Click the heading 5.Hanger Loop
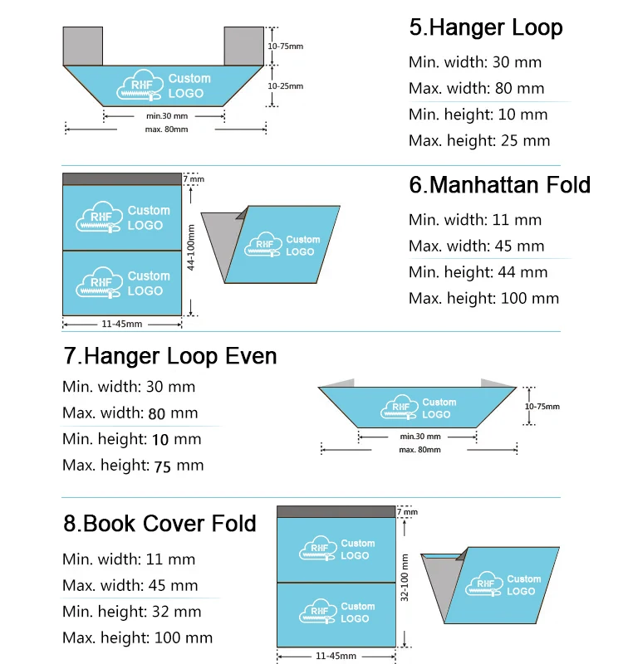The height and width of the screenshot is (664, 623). (x=485, y=27)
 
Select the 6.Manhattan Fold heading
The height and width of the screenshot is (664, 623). (x=499, y=184)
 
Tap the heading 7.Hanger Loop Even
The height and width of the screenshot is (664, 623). (x=169, y=356)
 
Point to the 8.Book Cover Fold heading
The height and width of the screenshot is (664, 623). (x=159, y=524)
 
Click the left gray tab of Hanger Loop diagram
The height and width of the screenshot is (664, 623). (x=83, y=46)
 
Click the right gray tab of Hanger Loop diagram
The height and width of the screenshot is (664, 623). (x=244, y=46)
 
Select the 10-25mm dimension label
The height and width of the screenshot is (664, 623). (x=286, y=86)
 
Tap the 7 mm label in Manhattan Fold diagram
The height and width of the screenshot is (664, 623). (x=193, y=179)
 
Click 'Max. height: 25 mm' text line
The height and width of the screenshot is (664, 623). (x=478, y=141)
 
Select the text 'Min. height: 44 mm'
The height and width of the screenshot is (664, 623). (x=478, y=271)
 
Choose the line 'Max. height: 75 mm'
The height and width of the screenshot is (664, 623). (x=132, y=466)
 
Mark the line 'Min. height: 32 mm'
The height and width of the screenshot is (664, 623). (x=131, y=612)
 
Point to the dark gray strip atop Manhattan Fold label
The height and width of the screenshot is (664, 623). (x=121, y=179)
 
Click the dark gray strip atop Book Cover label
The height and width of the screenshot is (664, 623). (x=336, y=511)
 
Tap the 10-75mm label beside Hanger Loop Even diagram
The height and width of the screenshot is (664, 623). (x=542, y=407)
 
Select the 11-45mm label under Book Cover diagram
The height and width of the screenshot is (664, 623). (x=336, y=656)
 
